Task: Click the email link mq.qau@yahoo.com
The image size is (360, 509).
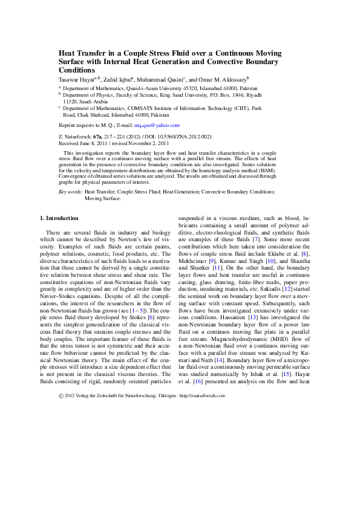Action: [159, 125]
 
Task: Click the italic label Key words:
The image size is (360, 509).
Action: [71, 192]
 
